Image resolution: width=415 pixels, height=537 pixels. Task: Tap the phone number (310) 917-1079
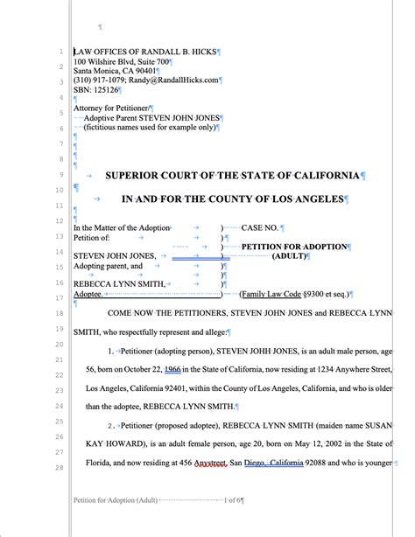(x=102, y=80)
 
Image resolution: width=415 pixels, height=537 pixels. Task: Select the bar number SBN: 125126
(x=96, y=90)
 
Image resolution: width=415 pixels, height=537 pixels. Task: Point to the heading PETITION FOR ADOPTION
(x=293, y=248)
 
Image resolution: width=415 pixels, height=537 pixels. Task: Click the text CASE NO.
(x=260, y=228)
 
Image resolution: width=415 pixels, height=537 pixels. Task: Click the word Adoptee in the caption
(x=88, y=295)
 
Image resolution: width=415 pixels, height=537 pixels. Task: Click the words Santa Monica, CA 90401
(x=116, y=71)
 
